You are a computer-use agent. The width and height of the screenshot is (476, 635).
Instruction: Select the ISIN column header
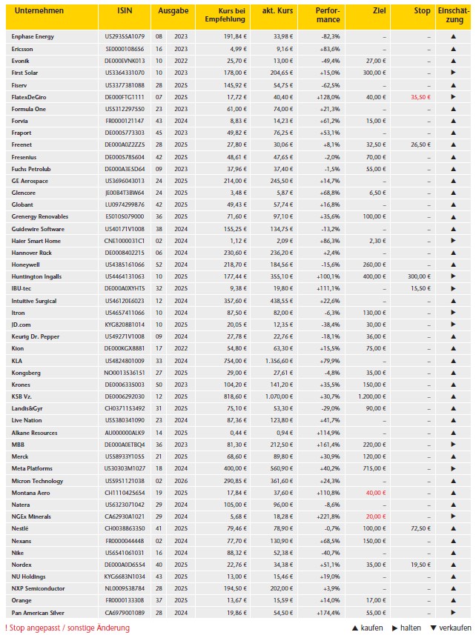tap(125, 12)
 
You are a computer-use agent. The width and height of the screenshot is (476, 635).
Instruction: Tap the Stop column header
tap(422, 12)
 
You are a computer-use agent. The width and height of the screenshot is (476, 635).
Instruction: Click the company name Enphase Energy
tap(33, 36)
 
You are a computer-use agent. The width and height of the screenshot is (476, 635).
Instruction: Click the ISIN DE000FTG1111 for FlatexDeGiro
tap(125, 97)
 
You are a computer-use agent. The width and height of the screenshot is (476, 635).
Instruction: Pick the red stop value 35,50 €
tap(418, 97)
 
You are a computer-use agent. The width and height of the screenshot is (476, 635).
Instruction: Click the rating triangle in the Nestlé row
tap(452, 528)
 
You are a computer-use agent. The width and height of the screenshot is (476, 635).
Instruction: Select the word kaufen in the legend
tap(371, 628)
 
